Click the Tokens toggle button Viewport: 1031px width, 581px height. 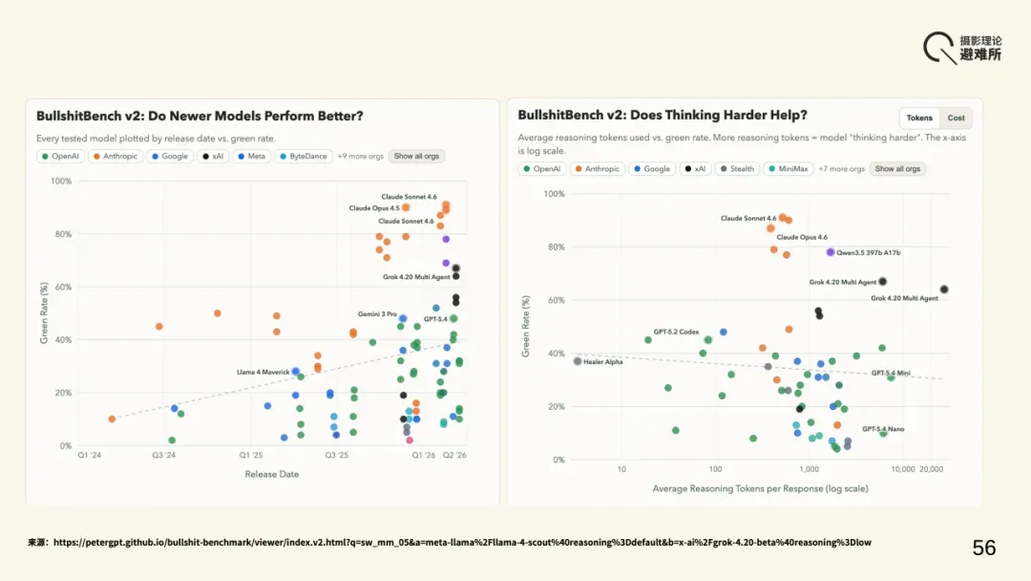coord(919,118)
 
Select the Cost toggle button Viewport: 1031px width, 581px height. coord(956,118)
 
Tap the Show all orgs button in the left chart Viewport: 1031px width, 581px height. coord(416,156)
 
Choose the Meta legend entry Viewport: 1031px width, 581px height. coord(251,156)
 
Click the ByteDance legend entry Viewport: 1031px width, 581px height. coord(304,156)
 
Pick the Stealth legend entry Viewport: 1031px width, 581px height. coord(737,168)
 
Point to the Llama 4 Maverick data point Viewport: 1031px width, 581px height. coord(296,372)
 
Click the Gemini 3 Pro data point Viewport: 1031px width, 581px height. coord(403,318)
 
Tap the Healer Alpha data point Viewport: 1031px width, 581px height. coord(578,361)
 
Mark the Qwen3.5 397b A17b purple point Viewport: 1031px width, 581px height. coord(831,252)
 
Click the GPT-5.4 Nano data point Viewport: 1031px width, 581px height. coord(883,433)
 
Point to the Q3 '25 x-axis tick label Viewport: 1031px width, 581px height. coord(337,455)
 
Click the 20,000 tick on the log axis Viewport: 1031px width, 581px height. coord(931,469)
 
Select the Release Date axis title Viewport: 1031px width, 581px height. coord(271,474)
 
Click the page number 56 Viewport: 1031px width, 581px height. coord(984,548)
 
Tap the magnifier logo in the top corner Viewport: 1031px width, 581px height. coord(940,48)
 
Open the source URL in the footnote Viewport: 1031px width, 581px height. coord(462,542)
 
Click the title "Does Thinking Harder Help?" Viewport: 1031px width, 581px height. coord(719,115)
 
